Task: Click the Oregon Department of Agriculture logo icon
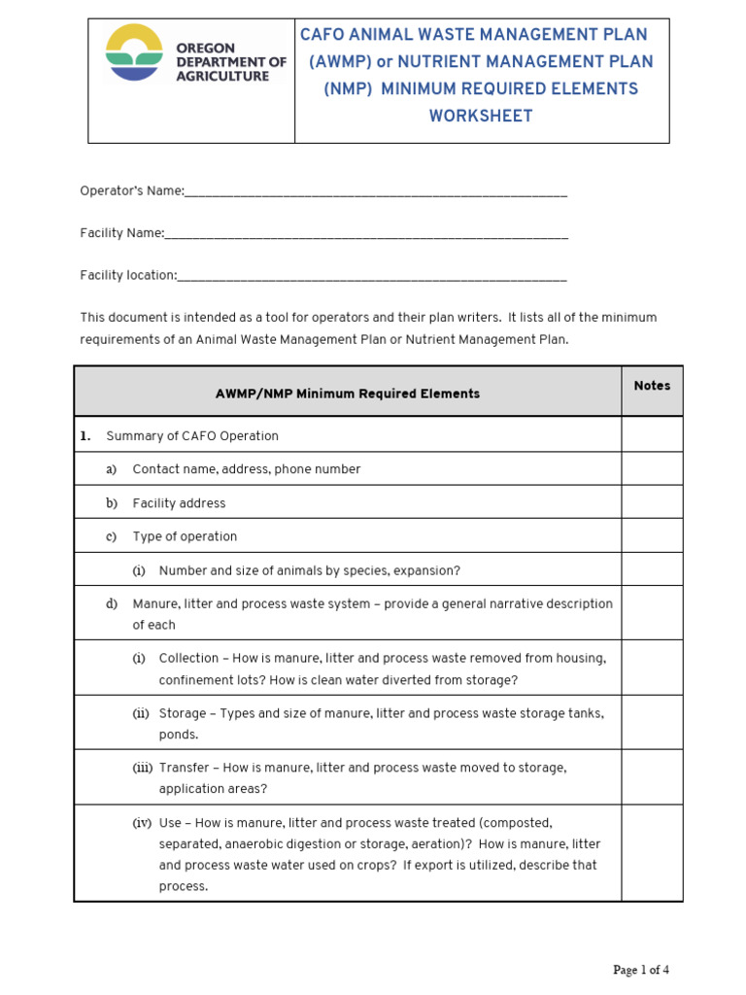click(134, 52)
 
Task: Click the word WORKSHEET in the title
click(481, 117)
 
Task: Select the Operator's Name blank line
click(375, 192)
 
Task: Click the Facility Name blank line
click(366, 234)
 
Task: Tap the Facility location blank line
click(372, 276)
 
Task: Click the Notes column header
click(652, 386)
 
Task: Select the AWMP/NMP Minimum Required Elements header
click(347, 394)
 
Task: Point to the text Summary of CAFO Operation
click(191, 436)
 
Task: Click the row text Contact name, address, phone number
click(246, 469)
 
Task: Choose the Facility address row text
click(179, 503)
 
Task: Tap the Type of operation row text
click(185, 536)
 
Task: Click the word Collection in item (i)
click(188, 658)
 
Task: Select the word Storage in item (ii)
click(183, 713)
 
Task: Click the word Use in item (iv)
click(170, 822)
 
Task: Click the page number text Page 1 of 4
click(640, 970)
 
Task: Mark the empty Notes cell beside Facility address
click(652, 502)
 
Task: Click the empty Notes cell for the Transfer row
click(652, 777)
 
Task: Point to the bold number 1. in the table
click(85, 436)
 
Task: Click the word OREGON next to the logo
click(206, 48)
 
